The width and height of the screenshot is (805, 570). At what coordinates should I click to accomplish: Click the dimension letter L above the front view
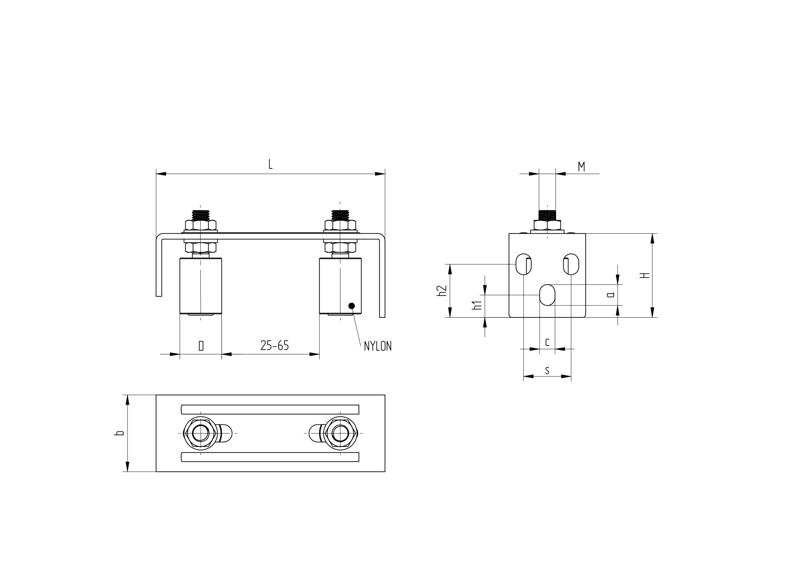pyautogui.click(x=270, y=164)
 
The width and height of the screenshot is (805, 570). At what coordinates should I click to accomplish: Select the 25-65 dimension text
pyautogui.click(x=275, y=345)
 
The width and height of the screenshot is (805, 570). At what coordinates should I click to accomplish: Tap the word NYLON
pyautogui.click(x=378, y=346)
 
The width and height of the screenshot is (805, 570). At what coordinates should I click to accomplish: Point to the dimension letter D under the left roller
pyautogui.click(x=201, y=346)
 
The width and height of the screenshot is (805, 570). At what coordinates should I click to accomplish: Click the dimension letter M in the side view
pyautogui.click(x=581, y=167)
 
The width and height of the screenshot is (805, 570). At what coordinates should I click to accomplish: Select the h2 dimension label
pyautogui.click(x=442, y=290)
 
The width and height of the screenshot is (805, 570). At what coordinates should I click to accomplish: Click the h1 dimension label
pyautogui.click(x=477, y=305)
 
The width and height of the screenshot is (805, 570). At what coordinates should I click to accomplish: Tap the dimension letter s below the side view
pyautogui.click(x=547, y=371)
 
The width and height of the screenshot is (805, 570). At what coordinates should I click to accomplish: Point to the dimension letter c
pyautogui.click(x=547, y=343)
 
